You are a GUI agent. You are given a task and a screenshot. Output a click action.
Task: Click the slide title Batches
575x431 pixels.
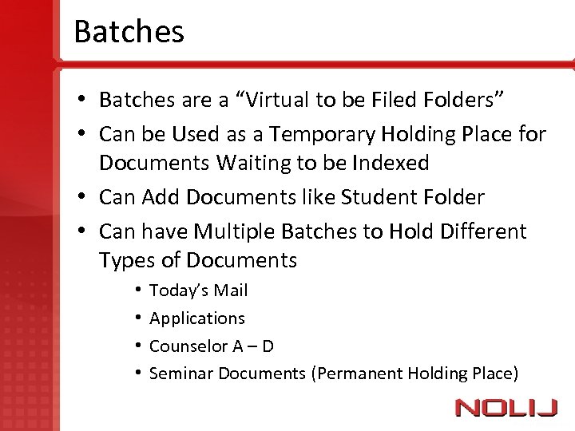129,32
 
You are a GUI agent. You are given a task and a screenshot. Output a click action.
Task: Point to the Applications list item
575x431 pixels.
197,318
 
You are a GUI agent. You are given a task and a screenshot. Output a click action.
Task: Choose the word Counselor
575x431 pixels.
188,346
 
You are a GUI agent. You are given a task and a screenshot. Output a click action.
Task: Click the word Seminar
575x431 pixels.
181,373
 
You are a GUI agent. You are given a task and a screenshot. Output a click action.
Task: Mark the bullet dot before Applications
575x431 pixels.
138,318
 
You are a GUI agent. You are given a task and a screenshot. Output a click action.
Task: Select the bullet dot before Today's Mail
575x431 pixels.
138,291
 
